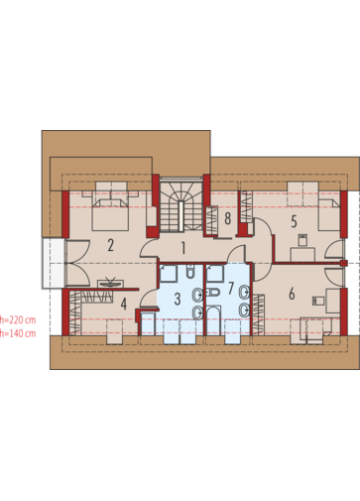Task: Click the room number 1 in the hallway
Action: pos(183,248)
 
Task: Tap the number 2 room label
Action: pos(110,245)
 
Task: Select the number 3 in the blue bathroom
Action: pos(178,299)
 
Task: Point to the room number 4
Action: pos(124,305)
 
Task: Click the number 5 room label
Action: pos(294,222)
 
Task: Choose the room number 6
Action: pos(292,294)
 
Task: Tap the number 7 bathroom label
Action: pos(231,288)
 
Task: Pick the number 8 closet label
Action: pos(227,218)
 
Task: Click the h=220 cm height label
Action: pos(18,320)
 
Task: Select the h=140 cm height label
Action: pos(18,333)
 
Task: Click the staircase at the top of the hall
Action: pos(181,206)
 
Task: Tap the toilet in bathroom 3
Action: pos(191,273)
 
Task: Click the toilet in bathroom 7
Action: pos(212,293)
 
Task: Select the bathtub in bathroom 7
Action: pos(213,320)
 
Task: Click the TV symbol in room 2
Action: pos(110,283)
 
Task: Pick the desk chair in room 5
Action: pos(302,240)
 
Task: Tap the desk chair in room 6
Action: pos(318,301)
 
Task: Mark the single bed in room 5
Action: pos(329,215)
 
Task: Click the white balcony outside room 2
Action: pos(53,263)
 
